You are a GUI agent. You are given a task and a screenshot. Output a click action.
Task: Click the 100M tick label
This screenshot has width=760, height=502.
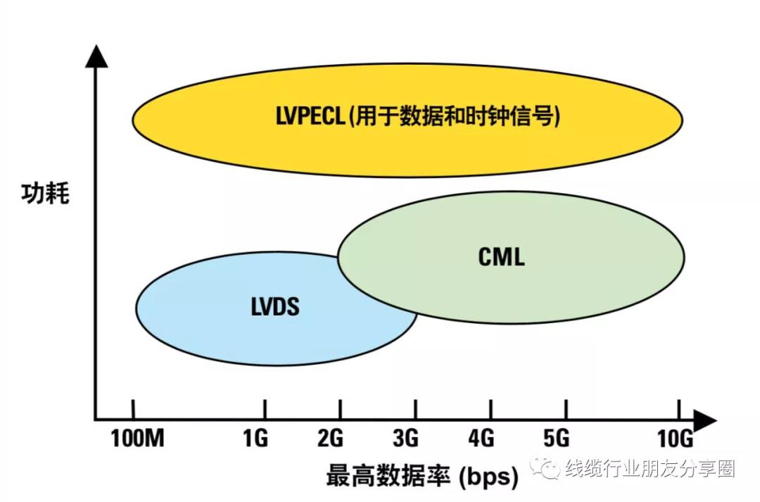click(x=138, y=439)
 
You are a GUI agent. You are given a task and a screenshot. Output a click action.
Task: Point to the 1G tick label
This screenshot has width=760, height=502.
click(x=255, y=439)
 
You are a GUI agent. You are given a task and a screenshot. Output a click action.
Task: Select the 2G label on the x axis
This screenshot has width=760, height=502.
click(x=331, y=439)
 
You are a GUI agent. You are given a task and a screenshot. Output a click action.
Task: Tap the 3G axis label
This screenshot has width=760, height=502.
click(x=406, y=439)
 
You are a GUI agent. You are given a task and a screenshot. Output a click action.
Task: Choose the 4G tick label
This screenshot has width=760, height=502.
click(x=481, y=439)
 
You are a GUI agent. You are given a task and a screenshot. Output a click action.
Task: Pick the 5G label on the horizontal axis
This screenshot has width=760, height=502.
click(x=557, y=439)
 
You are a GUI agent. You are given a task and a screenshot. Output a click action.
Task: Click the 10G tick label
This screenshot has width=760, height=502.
click(x=675, y=439)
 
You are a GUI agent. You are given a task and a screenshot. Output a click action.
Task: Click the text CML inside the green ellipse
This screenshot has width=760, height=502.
click(x=501, y=257)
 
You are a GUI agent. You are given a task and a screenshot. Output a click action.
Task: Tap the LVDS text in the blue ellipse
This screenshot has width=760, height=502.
click(x=275, y=306)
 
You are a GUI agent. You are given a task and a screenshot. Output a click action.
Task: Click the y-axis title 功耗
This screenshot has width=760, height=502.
click(x=45, y=193)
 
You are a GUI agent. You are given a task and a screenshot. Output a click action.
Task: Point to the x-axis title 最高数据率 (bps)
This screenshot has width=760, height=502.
click(x=422, y=476)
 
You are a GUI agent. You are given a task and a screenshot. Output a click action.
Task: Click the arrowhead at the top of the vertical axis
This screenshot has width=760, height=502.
click(x=96, y=56)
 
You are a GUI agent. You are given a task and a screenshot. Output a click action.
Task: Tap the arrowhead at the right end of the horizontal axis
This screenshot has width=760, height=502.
click(x=705, y=420)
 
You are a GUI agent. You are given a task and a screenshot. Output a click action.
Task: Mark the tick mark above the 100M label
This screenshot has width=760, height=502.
click(x=133, y=409)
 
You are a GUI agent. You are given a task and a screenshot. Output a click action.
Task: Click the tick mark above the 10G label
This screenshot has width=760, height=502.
click(x=679, y=409)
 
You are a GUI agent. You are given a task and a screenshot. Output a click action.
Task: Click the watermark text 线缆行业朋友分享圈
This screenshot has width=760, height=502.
click(x=650, y=469)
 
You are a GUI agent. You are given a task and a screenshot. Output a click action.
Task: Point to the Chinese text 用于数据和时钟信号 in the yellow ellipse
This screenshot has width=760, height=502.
click(x=455, y=116)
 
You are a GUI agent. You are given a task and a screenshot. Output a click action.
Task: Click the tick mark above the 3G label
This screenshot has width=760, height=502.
click(x=415, y=409)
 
